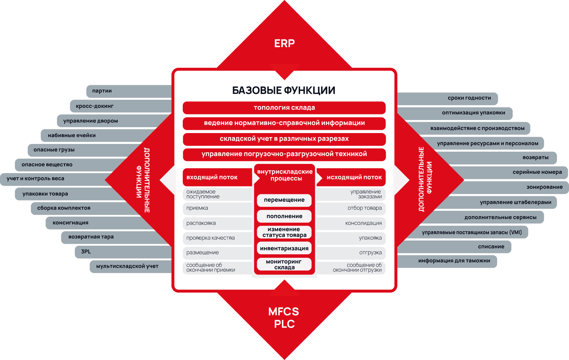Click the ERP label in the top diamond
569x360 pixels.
pyautogui.click(x=284, y=44)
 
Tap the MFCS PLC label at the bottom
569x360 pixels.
pyautogui.click(x=284, y=318)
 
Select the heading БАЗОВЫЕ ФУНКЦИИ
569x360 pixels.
pyautogui.click(x=284, y=90)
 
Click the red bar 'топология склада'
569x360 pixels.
pyautogui.click(x=284, y=108)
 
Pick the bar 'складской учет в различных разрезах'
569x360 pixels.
pyautogui.click(x=284, y=139)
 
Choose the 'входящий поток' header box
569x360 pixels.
pyautogui.click(x=218, y=178)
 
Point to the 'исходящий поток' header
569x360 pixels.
pyautogui.click(x=351, y=178)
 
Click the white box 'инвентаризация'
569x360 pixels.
pyautogui.click(x=284, y=248)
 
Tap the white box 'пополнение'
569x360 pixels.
pyautogui.click(x=284, y=216)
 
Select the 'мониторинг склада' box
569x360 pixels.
pyautogui.click(x=284, y=264)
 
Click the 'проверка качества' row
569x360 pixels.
pyautogui.click(x=218, y=238)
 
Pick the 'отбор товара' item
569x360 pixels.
pyautogui.click(x=351, y=208)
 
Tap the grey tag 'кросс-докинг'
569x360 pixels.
pyautogui.click(x=121, y=106)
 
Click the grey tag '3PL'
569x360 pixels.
pyautogui.click(x=123, y=252)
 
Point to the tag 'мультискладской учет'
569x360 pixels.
pyautogui.click(x=131, y=266)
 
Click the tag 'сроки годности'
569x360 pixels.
pyautogui.click(x=447, y=99)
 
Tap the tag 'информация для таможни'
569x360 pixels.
pyautogui.click(x=447, y=261)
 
